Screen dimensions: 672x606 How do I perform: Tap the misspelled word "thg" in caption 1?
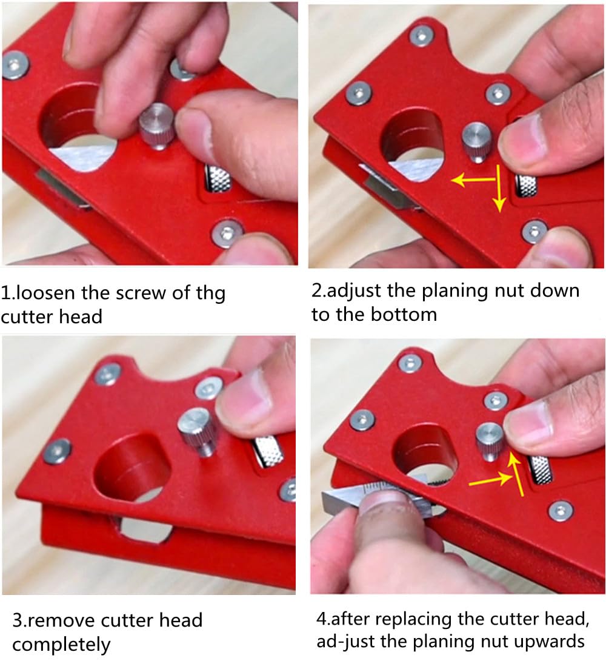(209, 294)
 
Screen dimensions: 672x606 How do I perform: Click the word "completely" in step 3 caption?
(61, 644)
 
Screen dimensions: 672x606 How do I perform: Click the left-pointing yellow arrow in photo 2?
(473, 180)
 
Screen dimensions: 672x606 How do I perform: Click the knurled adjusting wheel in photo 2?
(525, 184)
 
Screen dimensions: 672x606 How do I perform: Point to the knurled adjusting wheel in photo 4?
(540, 470)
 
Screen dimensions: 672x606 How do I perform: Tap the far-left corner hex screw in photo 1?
(15, 65)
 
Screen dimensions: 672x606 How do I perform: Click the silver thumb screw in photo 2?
(475, 140)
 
